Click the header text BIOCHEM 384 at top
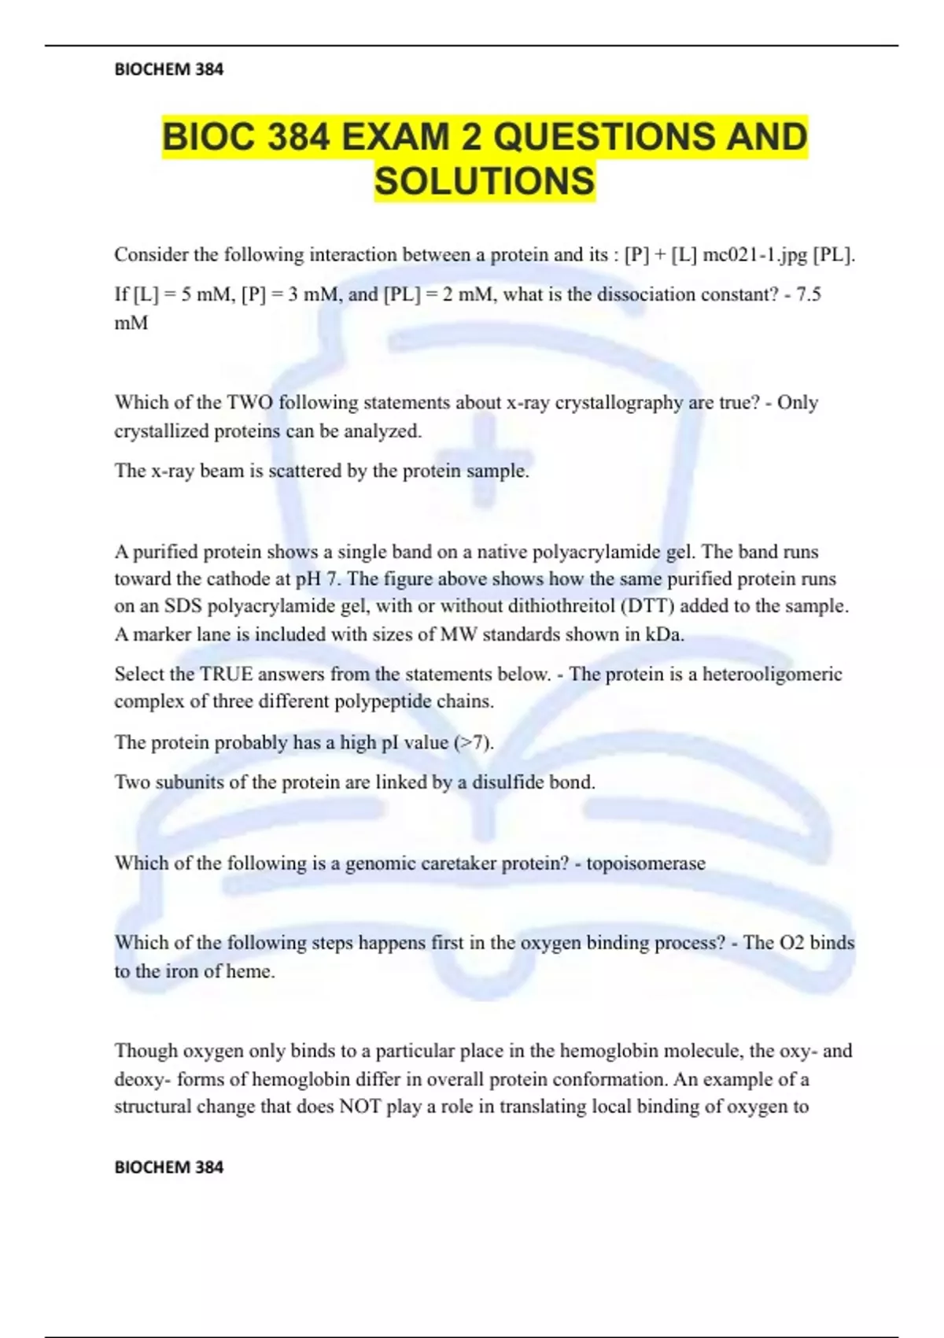click(x=168, y=69)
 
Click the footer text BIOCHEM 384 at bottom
click(x=168, y=1166)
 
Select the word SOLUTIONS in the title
click(x=485, y=181)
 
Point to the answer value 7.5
click(x=809, y=294)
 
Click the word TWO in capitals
click(x=250, y=402)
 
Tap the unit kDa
click(x=663, y=634)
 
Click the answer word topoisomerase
click(x=645, y=863)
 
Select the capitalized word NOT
click(x=360, y=1107)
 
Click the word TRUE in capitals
click(x=227, y=674)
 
